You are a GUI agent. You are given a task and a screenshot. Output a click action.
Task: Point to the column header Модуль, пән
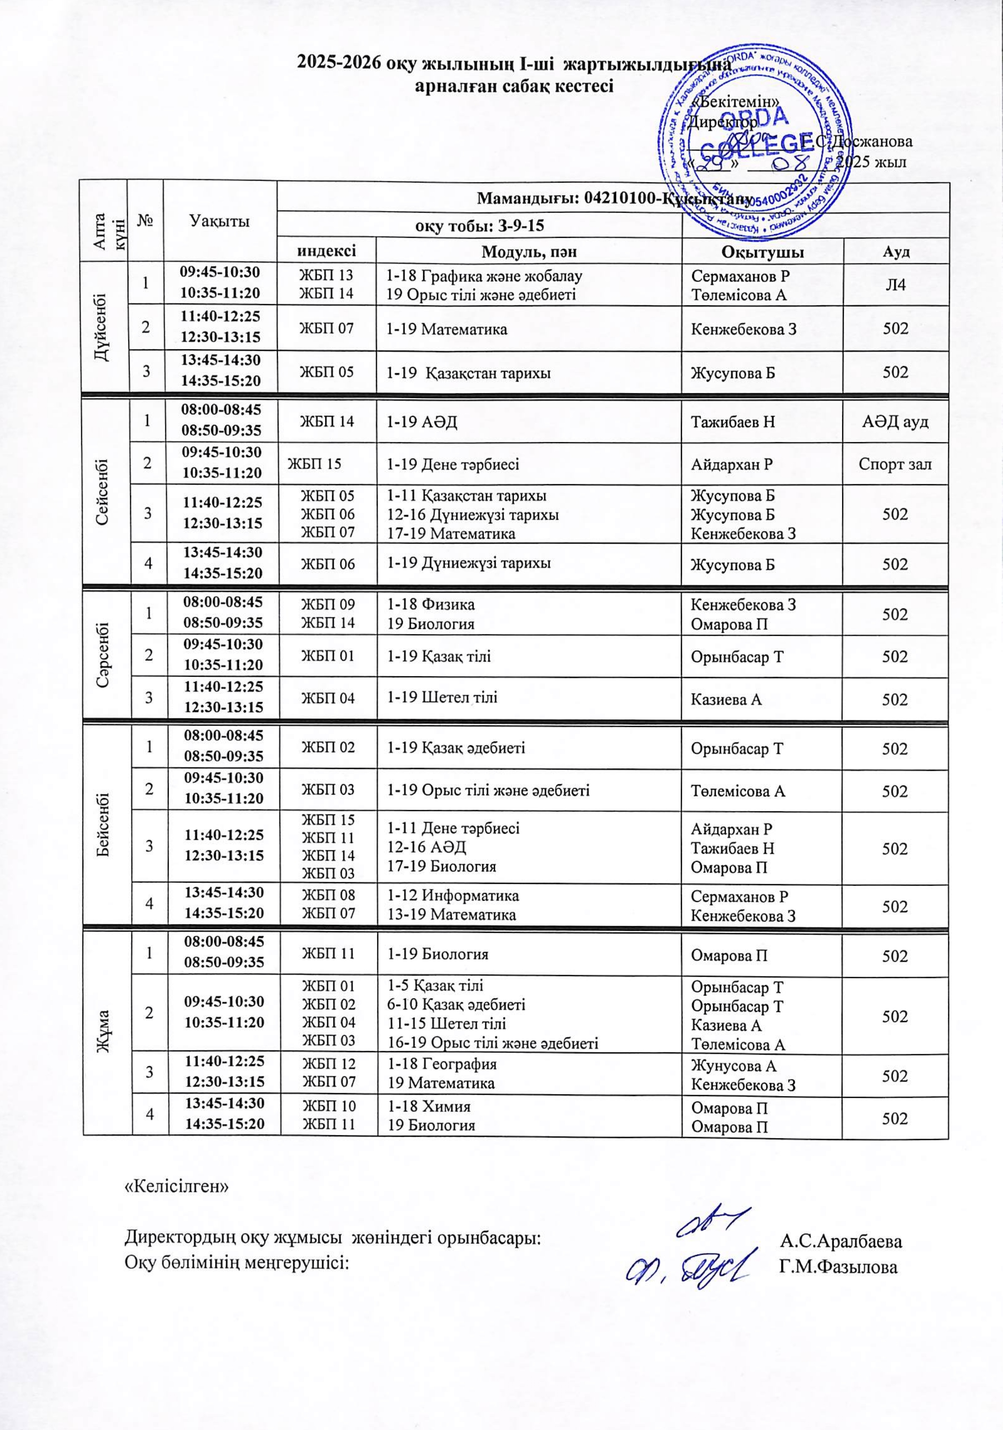[529, 252]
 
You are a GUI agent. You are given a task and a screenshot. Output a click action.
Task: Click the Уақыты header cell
[220, 221]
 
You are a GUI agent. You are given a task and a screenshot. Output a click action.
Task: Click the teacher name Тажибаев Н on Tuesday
[733, 422]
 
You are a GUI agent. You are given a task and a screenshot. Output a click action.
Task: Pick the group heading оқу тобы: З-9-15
[479, 226]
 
